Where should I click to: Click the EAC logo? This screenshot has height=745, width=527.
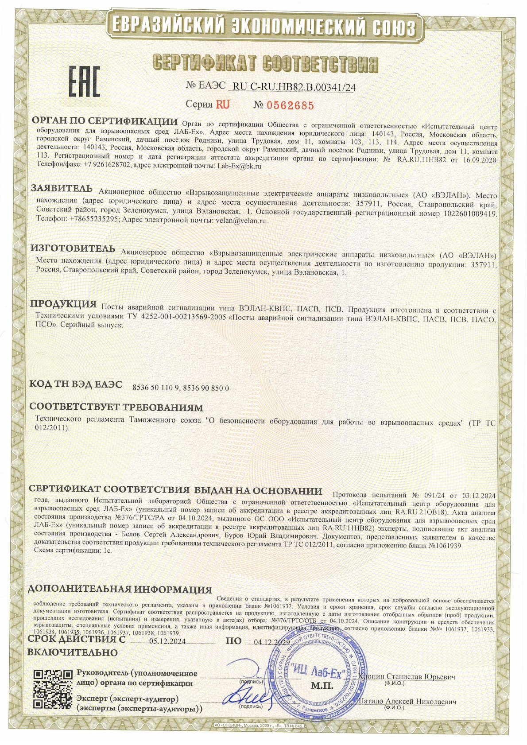pos(84,81)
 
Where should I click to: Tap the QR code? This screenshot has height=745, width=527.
pos(53,691)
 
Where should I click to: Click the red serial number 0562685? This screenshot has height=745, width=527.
pos(290,105)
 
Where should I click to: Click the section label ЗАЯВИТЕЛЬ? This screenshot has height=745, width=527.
pos(62,188)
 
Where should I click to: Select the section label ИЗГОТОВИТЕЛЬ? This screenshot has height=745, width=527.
pos(73,249)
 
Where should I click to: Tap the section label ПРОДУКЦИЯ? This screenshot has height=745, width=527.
pos(63,304)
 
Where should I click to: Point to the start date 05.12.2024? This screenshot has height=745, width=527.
pos(167,642)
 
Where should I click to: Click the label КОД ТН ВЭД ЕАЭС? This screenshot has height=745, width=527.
pos(75,384)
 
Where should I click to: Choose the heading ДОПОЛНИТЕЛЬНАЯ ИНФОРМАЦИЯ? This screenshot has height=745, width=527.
pos(120,590)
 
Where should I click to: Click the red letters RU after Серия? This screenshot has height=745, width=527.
pos(223,105)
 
